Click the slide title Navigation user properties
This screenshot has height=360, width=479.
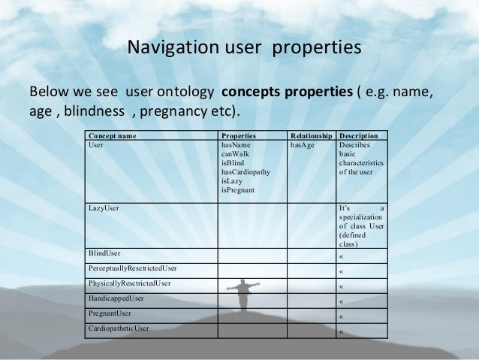click(244, 48)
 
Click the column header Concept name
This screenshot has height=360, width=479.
click(113, 136)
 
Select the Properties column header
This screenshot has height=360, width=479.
click(239, 136)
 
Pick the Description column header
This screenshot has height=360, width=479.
click(363, 136)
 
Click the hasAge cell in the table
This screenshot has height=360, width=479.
click(302, 144)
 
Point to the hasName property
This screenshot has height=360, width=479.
click(235, 144)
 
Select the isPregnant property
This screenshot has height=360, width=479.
click(238, 190)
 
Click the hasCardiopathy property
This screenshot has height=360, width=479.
click(246, 172)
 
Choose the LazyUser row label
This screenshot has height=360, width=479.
click(104, 207)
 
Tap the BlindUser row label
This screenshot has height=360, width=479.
click(104, 253)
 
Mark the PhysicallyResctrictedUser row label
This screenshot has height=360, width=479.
click(129, 283)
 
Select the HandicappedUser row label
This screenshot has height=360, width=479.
click(116, 298)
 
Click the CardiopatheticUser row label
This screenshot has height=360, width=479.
click(119, 328)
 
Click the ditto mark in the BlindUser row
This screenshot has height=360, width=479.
click(342, 256)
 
